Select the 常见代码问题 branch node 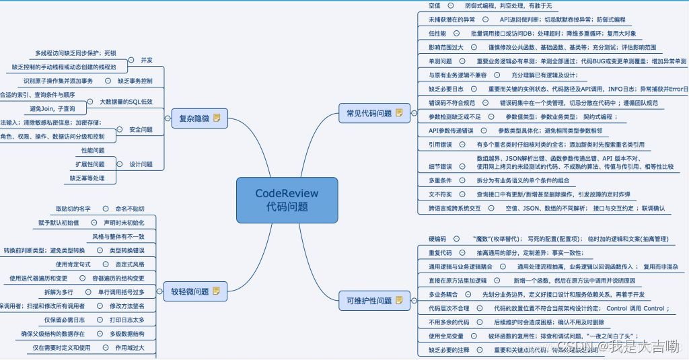pyautogui.click(x=364, y=113)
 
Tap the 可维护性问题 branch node pyautogui.click(x=364, y=301)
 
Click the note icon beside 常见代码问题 pyautogui.click(x=399, y=113)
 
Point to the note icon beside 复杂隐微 pyautogui.click(x=217, y=118)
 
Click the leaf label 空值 pyautogui.click(x=435, y=5)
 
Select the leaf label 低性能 pyautogui.click(x=437, y=33)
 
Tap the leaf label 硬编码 pyautogui.click(x=437, y=239)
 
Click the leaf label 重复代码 pyautogui.click(x=440, y=253)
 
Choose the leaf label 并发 pyautogui.click(x=147, y=60)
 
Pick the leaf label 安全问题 pyautogui.click(x=141, y=129)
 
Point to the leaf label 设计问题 pyautogui.click(x=141, y=164)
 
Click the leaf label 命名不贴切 pyautogui.click(x=130, y=209)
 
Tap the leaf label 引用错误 pyautogui.click(x=440, y=144)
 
